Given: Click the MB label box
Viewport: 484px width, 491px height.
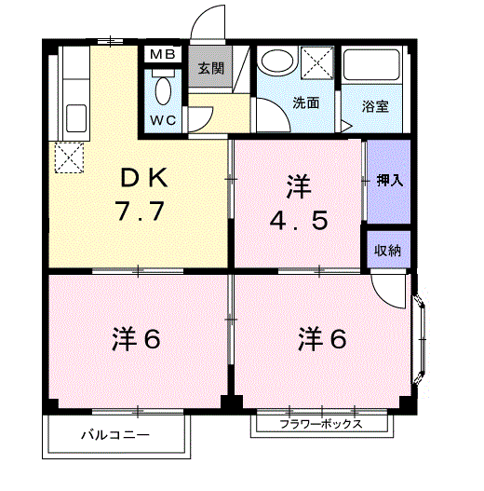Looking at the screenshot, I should pyautogui.click(x=163, y=54).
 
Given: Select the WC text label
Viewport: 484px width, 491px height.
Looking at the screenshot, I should pyautogui.click(x=164, y=121).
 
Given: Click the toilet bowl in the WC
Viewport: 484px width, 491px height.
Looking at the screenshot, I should pyautogui.click(x=164, y=91).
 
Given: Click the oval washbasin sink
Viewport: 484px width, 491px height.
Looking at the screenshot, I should pyautogui.click(x=276, y=62).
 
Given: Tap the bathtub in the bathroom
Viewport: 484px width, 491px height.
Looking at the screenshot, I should pyautogui.click(x=372, y=64).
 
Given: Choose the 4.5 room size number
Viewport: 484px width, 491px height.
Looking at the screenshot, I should pyautogui.click(x=298, y=225).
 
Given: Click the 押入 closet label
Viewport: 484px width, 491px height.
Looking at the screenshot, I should pyautogui.click(x=388, y=181).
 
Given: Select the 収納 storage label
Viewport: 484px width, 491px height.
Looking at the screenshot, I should pyautogui.click(x=387, y=250).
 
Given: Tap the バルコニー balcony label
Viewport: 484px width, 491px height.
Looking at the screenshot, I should pyautogui.click(x=114, y=435).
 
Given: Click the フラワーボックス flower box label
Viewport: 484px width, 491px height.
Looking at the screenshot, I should pyautogui.click(x=321, y=425).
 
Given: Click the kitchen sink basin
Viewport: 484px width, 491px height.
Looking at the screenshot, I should pyautogui.click(x=74, y=118).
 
